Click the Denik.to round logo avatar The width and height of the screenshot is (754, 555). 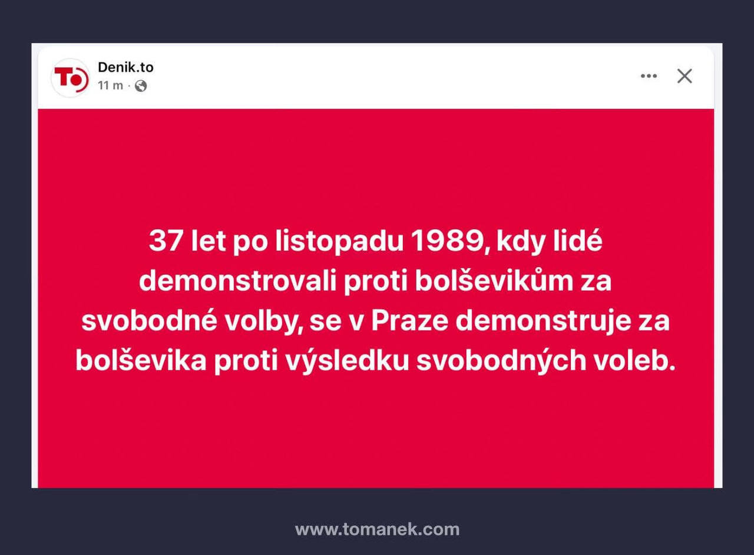(70, 78)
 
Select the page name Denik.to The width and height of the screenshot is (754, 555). (125, 67)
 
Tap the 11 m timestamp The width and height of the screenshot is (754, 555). (110, 86)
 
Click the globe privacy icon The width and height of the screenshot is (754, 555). (141, 86)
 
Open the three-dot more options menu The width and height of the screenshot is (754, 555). (649, 76)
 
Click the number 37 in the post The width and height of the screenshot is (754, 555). (167, 242)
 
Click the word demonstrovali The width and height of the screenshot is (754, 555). (237, 282)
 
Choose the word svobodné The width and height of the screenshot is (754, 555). (156, 322)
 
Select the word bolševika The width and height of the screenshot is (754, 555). (141, 362)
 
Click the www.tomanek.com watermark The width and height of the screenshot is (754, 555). (377, 529)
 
